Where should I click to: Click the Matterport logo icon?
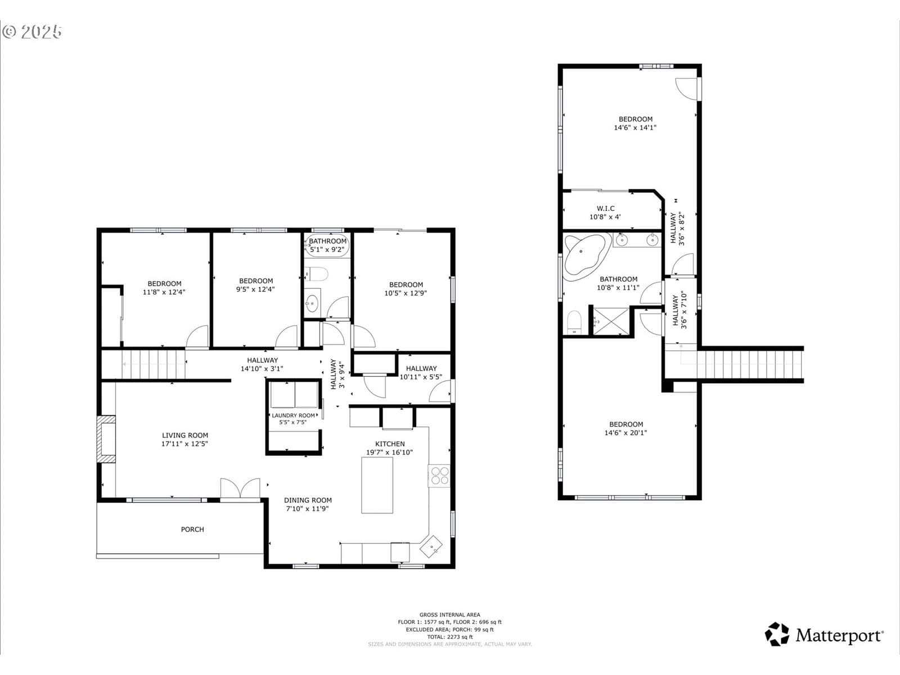(777, 634)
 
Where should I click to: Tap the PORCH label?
(192, 529)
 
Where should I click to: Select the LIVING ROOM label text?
(185, 435)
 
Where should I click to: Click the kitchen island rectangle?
(377, 485)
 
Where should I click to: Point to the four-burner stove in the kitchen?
(439, 476)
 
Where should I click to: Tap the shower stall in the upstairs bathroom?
(611, 321)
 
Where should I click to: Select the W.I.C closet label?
(606, 209)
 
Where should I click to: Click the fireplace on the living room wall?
(106, 439)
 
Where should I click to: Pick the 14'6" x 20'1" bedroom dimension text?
(625, 433)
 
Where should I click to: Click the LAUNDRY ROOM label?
(293, 415)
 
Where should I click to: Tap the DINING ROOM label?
(308, 500)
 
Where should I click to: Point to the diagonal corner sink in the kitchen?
(431, 546)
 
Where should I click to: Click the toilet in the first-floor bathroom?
(317, 274)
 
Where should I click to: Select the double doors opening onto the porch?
(240, 489)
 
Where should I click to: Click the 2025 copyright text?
(32, 32)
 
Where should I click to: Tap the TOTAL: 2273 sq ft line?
(450, 637)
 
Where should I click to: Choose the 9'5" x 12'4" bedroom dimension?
(255, 289)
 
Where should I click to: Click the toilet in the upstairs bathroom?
(574, 322)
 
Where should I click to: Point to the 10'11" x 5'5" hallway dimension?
(421, 377)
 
